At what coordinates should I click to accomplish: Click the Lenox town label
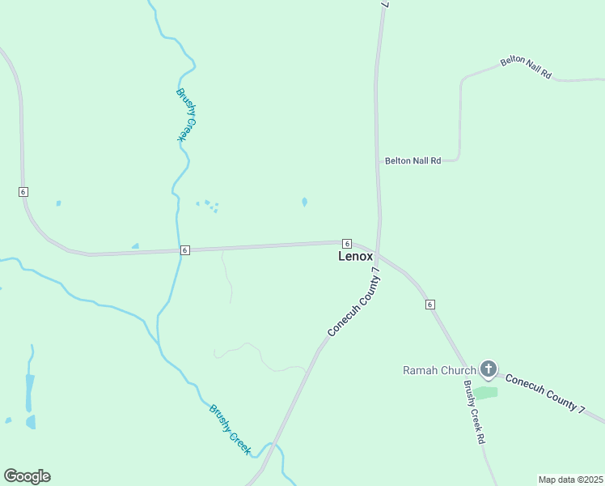356,256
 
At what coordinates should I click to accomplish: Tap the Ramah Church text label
439,371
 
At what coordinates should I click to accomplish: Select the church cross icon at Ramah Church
488,369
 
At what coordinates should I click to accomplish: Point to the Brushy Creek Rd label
474,412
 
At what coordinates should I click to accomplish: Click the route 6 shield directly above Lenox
346,244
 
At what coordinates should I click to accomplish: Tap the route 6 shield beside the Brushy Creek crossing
185,250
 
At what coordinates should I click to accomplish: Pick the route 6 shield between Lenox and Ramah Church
429,304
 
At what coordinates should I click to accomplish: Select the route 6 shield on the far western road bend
23,191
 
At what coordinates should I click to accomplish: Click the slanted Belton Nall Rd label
526,68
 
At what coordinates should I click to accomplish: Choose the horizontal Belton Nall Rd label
412,160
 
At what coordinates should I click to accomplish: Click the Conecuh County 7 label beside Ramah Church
544,394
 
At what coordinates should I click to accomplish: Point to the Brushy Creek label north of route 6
186,115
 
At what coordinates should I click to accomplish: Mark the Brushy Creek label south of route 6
231,429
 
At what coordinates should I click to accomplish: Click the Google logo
27,476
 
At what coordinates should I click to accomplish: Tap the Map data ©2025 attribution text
570,479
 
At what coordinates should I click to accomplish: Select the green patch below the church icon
485,393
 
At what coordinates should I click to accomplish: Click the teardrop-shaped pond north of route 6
304,202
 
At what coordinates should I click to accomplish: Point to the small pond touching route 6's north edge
135,246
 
